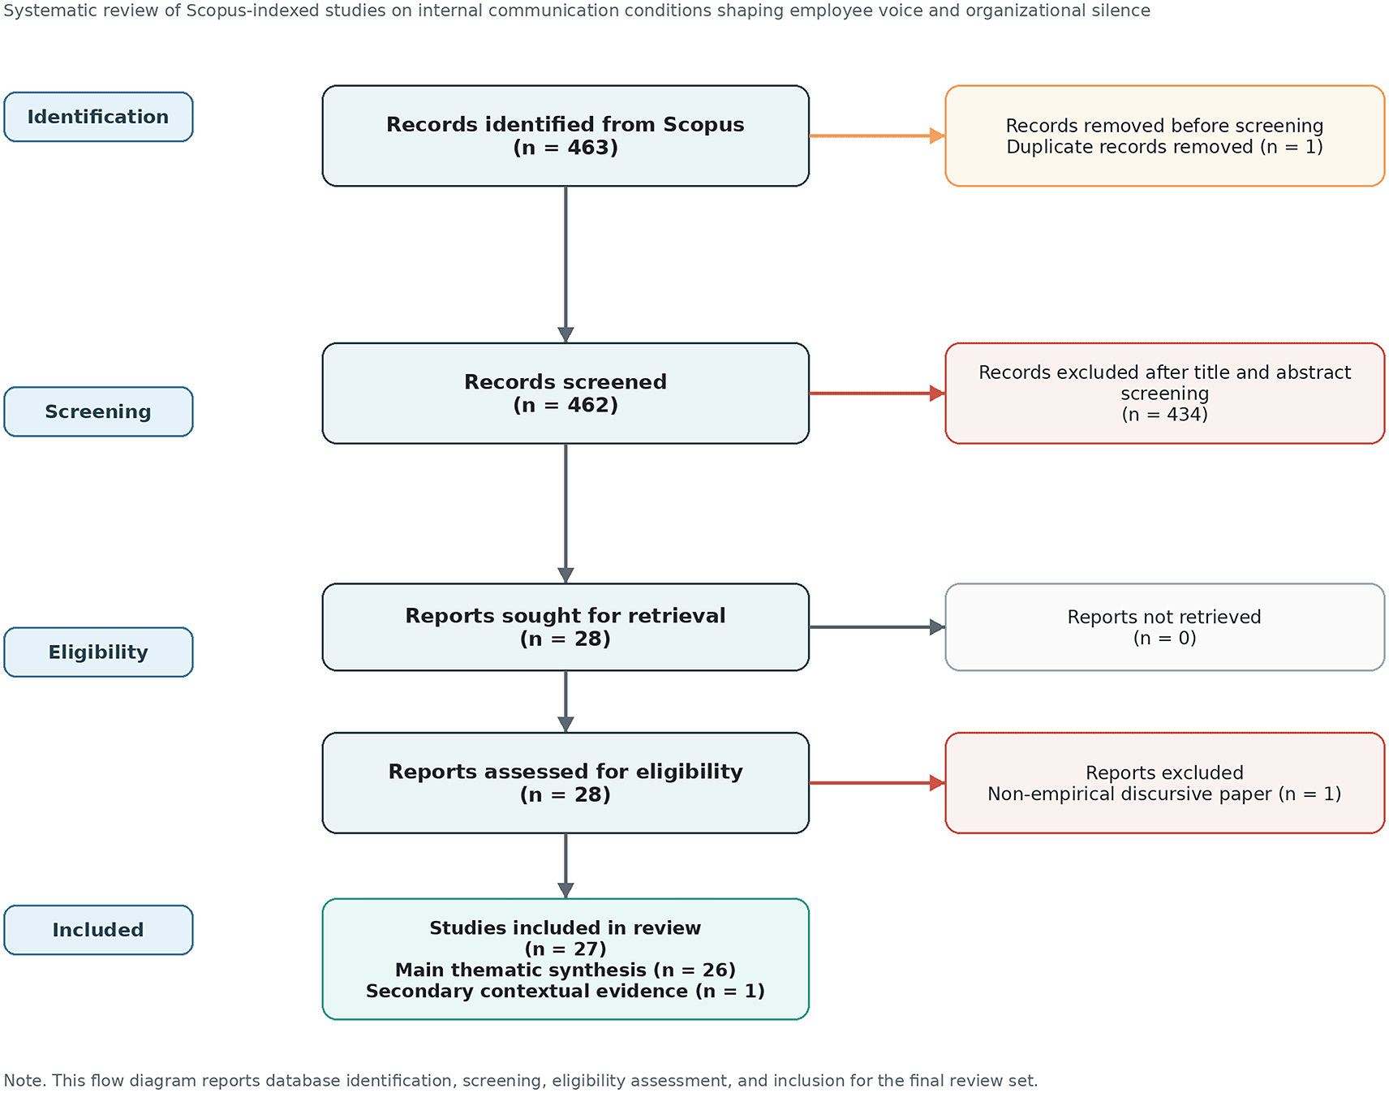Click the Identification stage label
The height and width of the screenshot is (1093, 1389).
click(98, 117)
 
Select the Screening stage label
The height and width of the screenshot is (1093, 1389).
click(98, 411)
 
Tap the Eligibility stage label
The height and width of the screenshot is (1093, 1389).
click(98, 652)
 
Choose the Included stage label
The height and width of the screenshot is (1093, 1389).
click(98, 930)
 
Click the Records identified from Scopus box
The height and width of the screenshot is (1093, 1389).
click(565, 136)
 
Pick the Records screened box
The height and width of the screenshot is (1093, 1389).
click(565, 394)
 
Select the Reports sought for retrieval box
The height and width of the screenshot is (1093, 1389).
click(565, 627)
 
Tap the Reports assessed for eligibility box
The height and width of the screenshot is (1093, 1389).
click(565, 783)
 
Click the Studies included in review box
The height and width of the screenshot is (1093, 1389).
click(565, 959)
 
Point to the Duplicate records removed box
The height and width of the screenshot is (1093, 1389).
click(1164, 136)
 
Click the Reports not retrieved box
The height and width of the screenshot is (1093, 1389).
click(1164, 627)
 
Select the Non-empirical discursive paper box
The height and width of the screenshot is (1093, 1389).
click(1164, 783)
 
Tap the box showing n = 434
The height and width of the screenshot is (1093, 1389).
click(1164, 394)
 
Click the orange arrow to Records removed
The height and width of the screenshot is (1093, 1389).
click(877, 136)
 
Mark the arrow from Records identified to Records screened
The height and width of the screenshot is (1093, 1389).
click(565, 265)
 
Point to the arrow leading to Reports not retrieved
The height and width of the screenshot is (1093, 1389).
click(877, 627)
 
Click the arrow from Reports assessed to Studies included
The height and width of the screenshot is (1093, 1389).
click(565, 866)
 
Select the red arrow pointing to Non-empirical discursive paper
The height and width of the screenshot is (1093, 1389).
click(877, 783)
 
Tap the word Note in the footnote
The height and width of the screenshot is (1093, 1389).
click(24, 1080)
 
